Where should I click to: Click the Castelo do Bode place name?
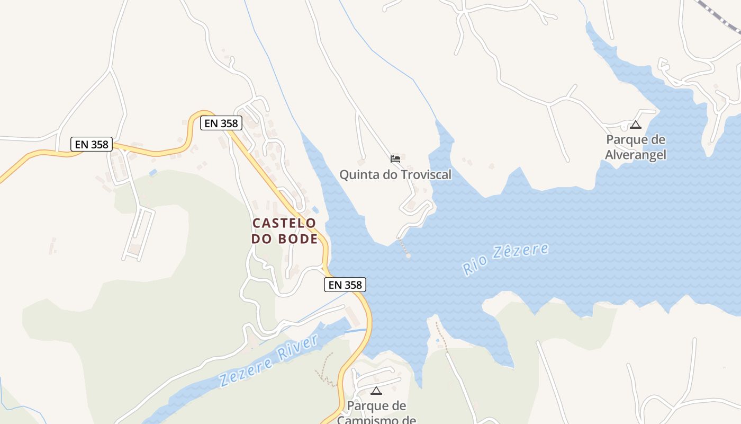pos(285,231)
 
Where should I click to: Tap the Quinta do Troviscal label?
pos(395,174)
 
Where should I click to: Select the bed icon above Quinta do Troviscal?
pos(395,158)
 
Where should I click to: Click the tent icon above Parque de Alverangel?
pos(636,125)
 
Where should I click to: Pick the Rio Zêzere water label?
pos(505,259)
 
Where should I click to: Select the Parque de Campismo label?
pos(376,412)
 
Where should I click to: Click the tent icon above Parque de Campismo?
pos(376,391)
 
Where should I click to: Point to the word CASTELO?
pos(284,223)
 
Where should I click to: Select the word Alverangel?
pos(636,155)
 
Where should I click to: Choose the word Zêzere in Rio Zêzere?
pos(520,254)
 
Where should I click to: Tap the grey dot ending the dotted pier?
pos(408,257)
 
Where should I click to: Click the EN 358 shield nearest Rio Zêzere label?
pos(345,285)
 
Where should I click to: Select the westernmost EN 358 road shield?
pos(92,144)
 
